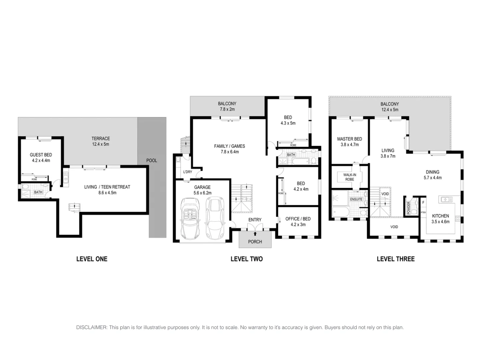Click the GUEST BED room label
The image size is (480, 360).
(x=41, y=155)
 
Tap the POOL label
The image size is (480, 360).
(x=152, y=160)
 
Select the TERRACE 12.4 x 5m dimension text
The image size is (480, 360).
(x=101, y=144)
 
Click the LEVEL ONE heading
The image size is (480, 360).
(x=92, y=259)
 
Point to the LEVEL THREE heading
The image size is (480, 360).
(x=395, y=259)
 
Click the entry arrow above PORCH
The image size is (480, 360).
(x=255, y=234)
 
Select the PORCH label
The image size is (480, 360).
(x=255, y=242)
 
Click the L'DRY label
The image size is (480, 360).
(x=188, y=172)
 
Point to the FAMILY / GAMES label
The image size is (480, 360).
(x=229, y=146)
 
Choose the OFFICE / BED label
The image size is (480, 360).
(x=298, y=219)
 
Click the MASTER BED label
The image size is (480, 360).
(x=349, y=139)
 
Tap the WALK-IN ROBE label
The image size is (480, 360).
(x=349, y=177)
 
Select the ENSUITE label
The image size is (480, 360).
(x=356, y=199)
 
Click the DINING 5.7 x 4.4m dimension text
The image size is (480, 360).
(x=432, y=178)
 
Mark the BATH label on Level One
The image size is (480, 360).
(x=38, y=192)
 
